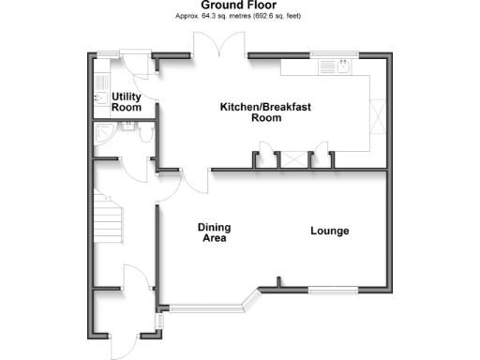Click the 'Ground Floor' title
(x=239, y=6)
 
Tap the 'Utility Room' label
(x=126, y=102)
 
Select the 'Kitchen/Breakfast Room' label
(x=264, y=112)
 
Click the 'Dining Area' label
(x=214, y=232)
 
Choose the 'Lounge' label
(x=331, y=232)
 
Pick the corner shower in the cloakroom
(x=101, y=135)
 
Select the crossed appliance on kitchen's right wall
(x=378, y=118)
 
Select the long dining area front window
(x=203, y=307)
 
